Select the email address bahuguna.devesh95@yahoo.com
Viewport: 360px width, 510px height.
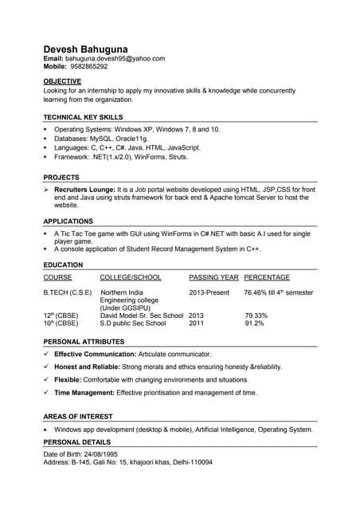115,58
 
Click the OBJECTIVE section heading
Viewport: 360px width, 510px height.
62,81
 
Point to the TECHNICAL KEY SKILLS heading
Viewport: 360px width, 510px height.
83,117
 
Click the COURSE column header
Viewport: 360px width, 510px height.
57,277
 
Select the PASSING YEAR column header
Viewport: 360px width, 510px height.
213,277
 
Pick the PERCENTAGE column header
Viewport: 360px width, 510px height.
267,277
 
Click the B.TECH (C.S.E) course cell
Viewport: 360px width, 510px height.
68,292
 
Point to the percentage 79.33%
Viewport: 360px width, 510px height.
256,316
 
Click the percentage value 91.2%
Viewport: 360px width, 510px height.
255,324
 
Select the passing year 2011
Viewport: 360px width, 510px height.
197,324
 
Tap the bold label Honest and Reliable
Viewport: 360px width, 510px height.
90,367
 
